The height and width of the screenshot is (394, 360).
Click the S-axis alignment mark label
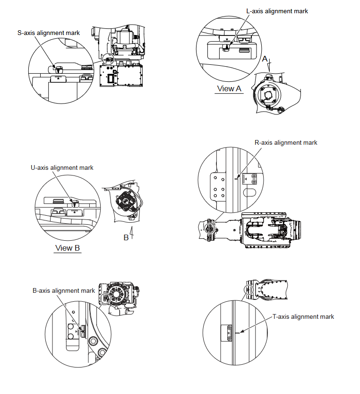click(x=48, y=33)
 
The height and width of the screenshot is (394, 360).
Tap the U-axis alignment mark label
click(x=62, y=167)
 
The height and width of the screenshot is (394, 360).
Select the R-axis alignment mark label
click(x=286, y=142)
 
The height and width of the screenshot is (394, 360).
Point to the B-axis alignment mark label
click(x=64, y=290)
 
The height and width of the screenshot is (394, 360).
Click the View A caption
click(x=229, y=88)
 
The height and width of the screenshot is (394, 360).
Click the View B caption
click(x=68, y=248)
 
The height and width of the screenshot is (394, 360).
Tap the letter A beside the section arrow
click(x=265, y=58)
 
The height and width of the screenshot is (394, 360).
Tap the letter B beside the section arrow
click(x=126, y=237)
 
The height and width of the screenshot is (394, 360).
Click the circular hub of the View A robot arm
click(x=267, y=95)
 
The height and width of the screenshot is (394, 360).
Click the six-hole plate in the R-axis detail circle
click(x=218, y=186)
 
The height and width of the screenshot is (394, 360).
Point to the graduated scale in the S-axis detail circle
click(x=58, y=76)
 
